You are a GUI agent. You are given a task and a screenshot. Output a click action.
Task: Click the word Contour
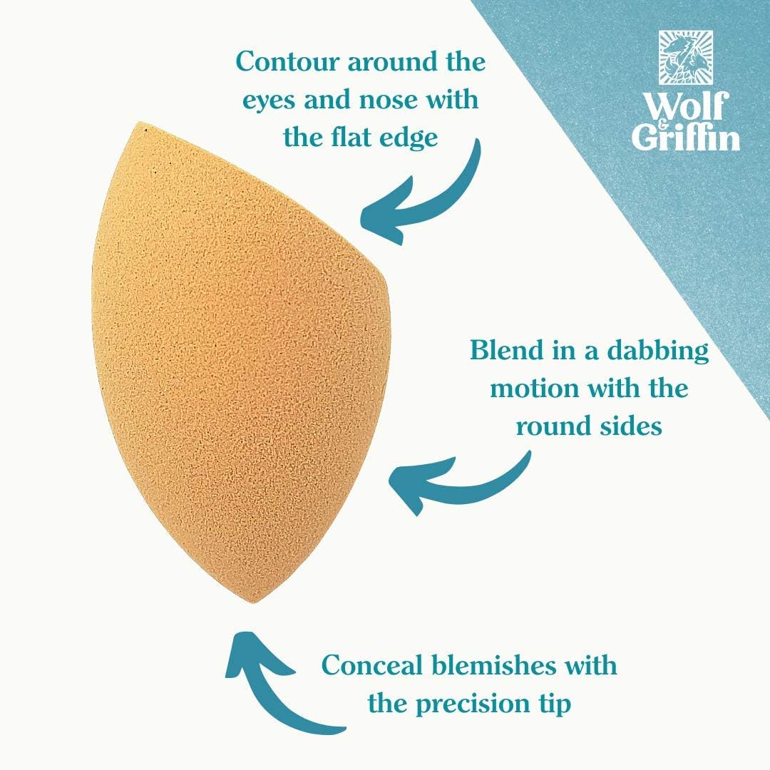click(288, 62)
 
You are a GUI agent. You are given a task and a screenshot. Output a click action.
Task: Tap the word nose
click(391, 101)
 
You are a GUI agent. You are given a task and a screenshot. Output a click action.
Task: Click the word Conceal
click(371, 665)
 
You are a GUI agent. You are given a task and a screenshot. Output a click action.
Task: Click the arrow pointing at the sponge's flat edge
click(432, 206)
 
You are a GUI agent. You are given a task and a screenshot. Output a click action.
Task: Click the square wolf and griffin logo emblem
click(686, 57)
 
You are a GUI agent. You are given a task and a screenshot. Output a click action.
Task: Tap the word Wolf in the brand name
click(686, 106)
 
